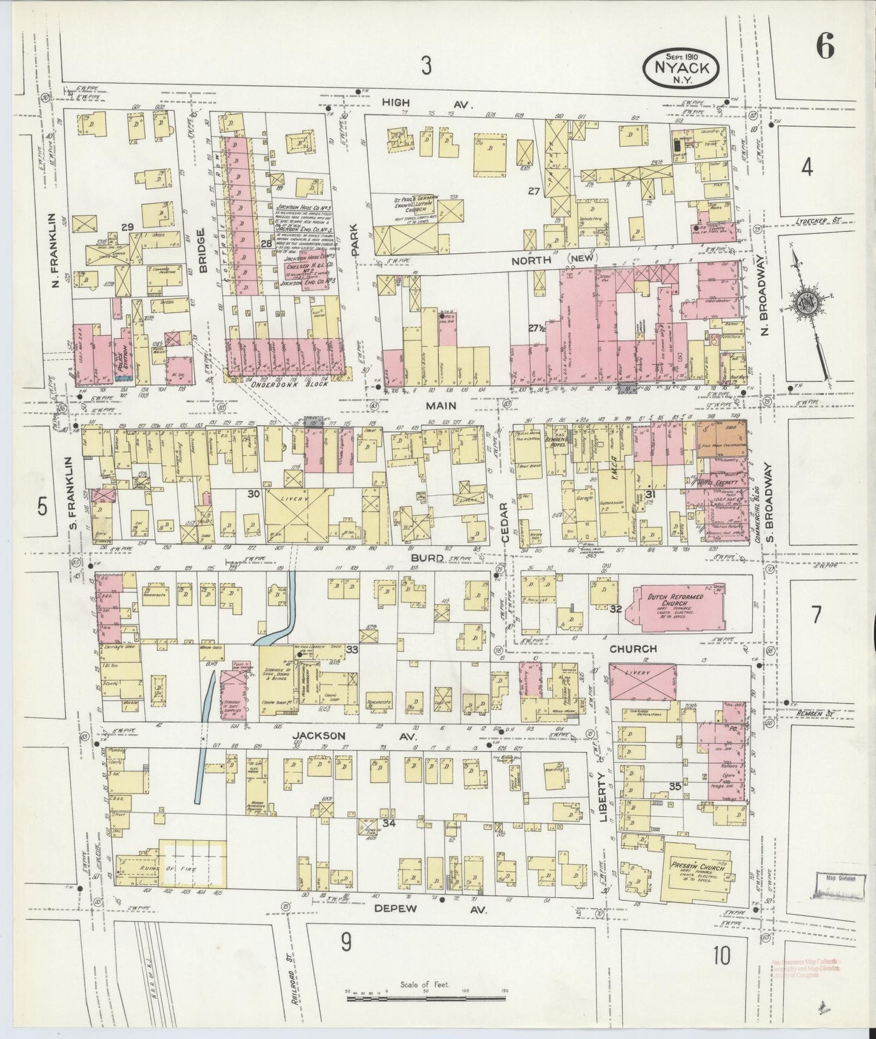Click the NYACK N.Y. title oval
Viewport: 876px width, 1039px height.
681,69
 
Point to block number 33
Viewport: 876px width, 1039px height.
352,649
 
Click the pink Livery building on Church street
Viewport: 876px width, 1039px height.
643,681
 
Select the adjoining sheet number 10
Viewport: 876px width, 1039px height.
721,956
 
